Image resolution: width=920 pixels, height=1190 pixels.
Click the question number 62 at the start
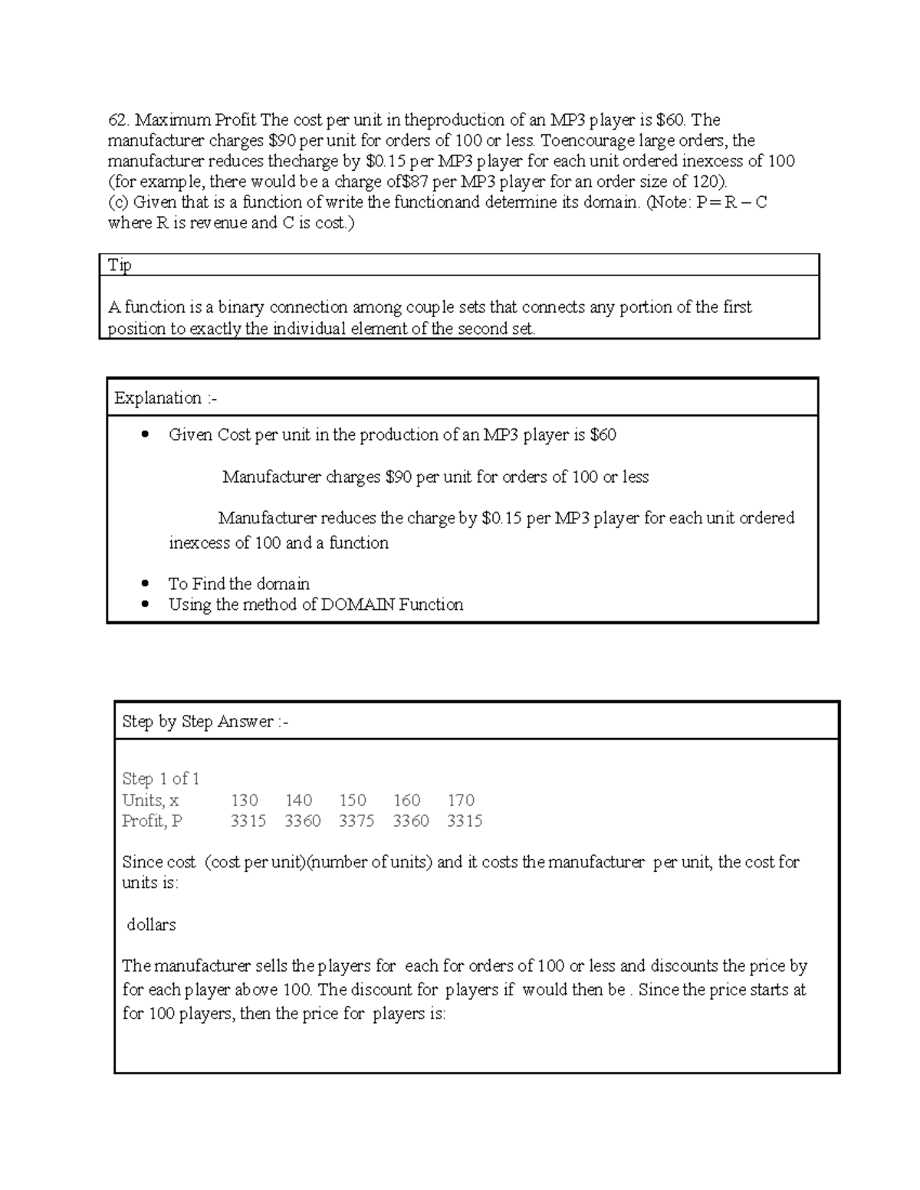[117, 120]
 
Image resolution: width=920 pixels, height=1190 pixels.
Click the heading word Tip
[120, 265]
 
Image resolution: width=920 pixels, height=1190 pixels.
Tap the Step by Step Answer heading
[205, 721]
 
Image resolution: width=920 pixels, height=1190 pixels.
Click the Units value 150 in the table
[353, 800]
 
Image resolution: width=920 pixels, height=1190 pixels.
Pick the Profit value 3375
[356, 821]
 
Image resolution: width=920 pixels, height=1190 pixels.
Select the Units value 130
[245, 800]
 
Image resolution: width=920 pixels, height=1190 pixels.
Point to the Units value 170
[461, 800]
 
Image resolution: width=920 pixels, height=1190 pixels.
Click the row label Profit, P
[153, 821]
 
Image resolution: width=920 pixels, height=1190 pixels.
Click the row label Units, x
[150, 800]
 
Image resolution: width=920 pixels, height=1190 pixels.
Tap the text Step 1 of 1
[161, 779]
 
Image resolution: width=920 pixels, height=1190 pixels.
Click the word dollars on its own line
[151, 925]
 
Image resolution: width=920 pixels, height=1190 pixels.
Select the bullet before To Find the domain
[144, 584]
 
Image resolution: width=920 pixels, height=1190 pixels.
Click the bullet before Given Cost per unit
[144, 435]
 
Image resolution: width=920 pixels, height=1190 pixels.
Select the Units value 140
[298, 800]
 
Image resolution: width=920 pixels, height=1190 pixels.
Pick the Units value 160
[406, 800]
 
